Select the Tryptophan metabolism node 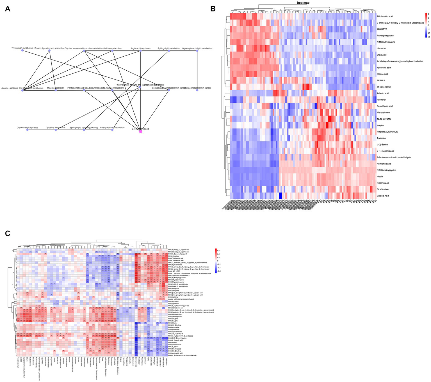pyautogui.click(x=22, y=50)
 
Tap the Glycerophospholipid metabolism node pyautogui.click(x=197, y=50)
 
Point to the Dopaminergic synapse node pyautogui.click(x=27, y=130)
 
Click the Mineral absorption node pyautogui.click(x=56, y=90)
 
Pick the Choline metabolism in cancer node pyautogui.click(x=197, y=90)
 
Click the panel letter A pyautogui.click(x=8, y=9)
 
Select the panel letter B pyautogui.click(x=213, y=9)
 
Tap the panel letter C pyautogui.click(x=8, y=233)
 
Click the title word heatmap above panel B pyautogui.click(x=303, y=3)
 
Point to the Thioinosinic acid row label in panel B pyautogui.click(x=385, y=17)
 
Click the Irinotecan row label pyautogui.click(x=381, y=48)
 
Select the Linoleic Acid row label pyautogui.click(x=383, y=196)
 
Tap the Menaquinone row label pyautogui.click(x=383, y=112)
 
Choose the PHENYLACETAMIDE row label pyautogui.click(x=387, y=132)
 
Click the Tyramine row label pyautogui.click(x=381, y=138)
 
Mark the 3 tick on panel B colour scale pyautogui.click(x=428, y=14)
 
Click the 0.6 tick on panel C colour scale pyautogui.click(x=218, y=251)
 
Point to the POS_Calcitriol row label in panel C pyautogui.click(x=173, y=297)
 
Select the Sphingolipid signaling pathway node pyautogui.click(x=84, y=130)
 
